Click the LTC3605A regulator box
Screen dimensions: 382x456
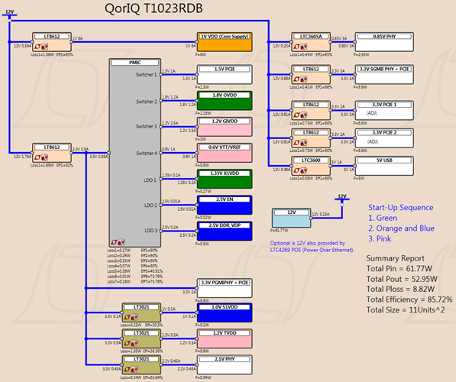(x=309, y=40)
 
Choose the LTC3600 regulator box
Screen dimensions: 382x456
(x=309, y=163)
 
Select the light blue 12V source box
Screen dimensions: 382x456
(x=293, y=218)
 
